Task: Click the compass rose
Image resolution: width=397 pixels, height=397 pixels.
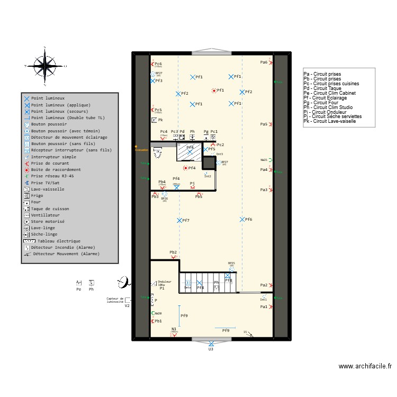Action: [47, 66]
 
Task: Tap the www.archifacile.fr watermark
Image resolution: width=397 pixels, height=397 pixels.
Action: [365, 366]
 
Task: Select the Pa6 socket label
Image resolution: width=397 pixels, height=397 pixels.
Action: [264, 62]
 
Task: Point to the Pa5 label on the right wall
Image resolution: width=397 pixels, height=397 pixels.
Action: [264, 124]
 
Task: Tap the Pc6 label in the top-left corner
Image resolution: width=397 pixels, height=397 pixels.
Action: [158, 64]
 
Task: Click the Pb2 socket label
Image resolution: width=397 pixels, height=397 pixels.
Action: [173, 252]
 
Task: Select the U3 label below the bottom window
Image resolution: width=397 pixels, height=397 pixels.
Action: [211, 349]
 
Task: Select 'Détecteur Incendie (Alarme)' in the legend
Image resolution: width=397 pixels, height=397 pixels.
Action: [62, 247]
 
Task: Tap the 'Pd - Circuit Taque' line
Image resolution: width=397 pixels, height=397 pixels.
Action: [322, 88]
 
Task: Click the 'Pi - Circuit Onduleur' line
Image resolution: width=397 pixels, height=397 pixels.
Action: [326, 112]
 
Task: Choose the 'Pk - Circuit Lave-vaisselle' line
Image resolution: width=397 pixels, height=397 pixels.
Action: [332, 121]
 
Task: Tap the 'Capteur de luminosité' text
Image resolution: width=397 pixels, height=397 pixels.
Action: [115, 300]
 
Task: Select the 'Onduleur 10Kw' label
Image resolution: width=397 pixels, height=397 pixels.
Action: [165, 283]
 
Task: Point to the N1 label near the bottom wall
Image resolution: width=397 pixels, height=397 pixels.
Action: [174, 329]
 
